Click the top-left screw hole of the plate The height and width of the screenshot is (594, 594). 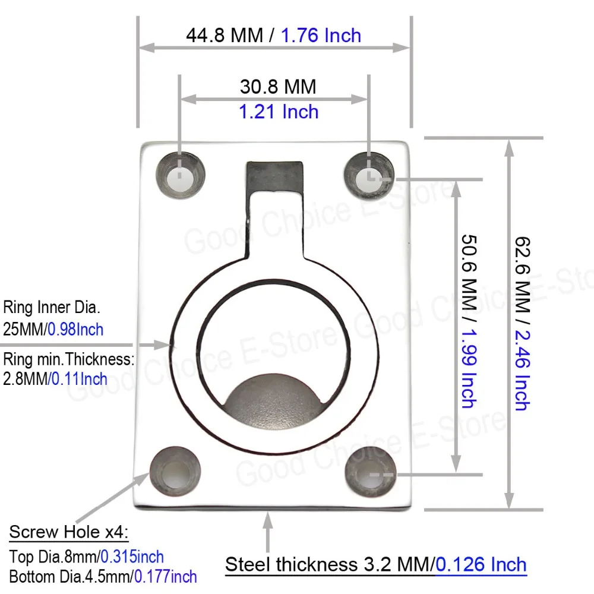(x=181, y=175)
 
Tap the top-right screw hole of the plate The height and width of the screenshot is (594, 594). (x=369, y=175)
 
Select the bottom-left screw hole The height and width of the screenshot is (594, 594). (x=175, y=472)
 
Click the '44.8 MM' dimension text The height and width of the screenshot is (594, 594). (x=225, y=36)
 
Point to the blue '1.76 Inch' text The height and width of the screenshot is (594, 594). (x=321, y=36)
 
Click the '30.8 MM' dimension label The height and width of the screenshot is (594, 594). (x=278, y=87)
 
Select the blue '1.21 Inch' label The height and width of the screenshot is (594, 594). (x=279, y=112)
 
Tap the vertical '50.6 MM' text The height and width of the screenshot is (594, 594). (x=469, y=273)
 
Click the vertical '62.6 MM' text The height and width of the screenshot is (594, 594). (x=522, y=275)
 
